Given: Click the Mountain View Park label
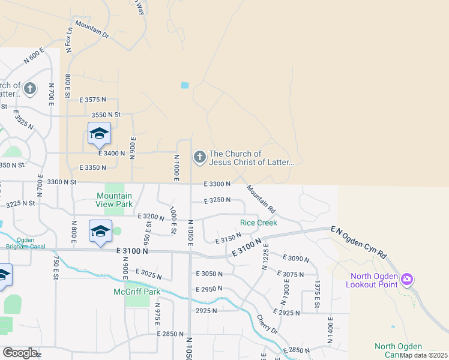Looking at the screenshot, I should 115,200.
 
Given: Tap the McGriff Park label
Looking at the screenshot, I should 137,292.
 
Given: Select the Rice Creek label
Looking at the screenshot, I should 259,223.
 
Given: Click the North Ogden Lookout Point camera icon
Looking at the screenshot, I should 407,279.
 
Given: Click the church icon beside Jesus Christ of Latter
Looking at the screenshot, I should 199,157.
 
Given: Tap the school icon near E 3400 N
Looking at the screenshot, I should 99,134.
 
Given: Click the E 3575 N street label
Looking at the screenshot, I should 92,99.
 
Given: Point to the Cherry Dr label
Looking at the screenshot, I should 267,324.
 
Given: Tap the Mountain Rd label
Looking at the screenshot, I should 260,199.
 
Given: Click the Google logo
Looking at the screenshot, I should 20,353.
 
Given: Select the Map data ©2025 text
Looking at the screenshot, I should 423,355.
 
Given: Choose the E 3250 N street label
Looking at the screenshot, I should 217,200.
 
